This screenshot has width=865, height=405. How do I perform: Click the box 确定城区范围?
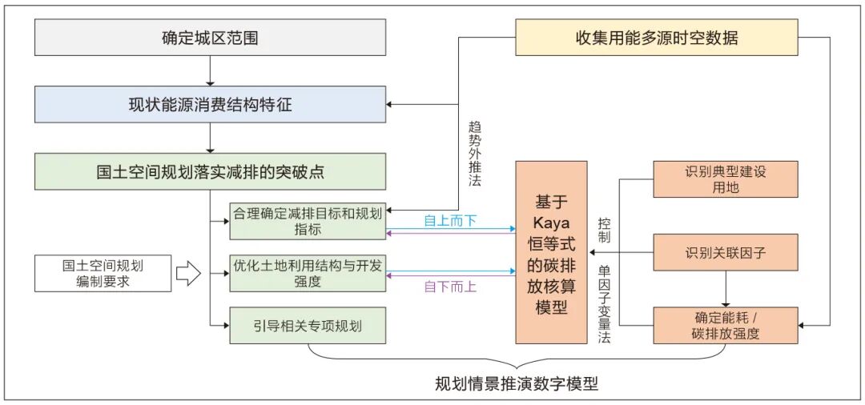[210, 38]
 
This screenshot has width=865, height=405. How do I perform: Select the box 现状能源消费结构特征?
[210, 105]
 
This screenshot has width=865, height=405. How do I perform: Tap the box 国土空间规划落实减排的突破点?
[210, 171]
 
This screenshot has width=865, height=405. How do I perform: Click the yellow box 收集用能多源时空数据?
[656, 38]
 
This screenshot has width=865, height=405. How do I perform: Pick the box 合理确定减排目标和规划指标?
[308, 220]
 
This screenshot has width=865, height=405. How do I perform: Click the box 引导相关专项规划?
[308, 326]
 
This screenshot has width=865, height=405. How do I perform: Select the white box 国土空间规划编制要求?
[103, 273]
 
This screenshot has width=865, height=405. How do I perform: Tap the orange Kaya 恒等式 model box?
[551, 252]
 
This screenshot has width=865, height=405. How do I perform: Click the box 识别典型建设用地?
[726, 179]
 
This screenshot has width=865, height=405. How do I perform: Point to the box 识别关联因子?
[726, 252]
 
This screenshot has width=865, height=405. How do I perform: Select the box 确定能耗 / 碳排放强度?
[726, 325]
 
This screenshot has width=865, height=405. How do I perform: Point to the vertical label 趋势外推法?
[473, 152]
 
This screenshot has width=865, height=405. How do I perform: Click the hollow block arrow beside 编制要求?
[187, 273]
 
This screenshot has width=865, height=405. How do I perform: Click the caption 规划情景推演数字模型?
[516, 383]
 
